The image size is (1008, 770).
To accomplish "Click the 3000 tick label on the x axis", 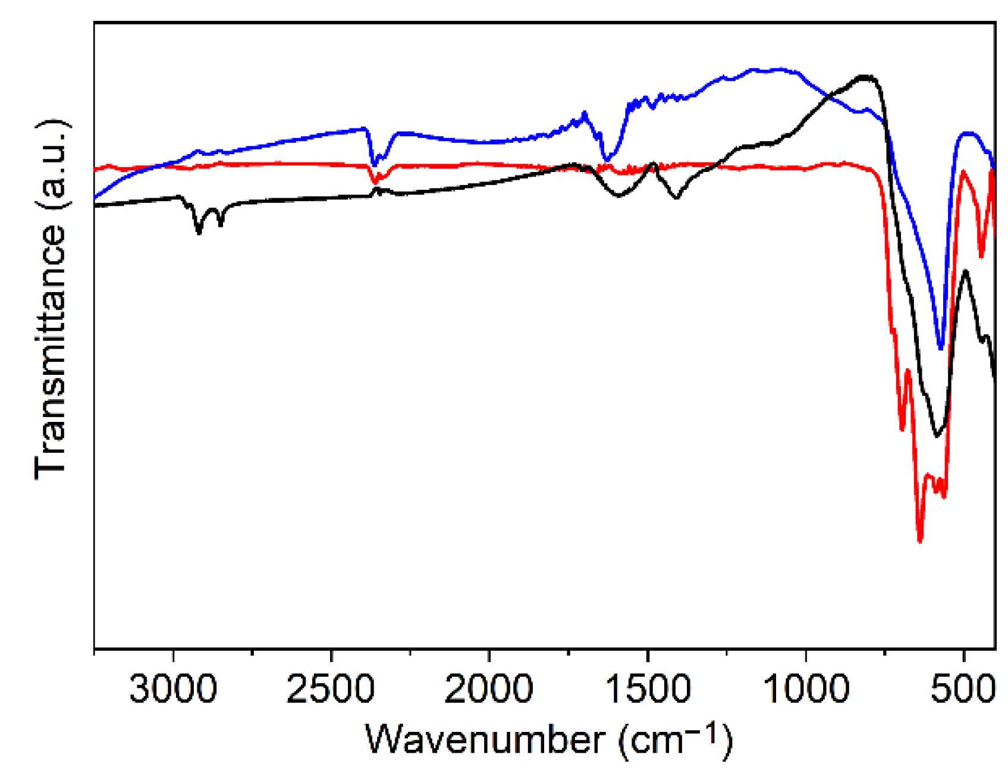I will coord(172,689).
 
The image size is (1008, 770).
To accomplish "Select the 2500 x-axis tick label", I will coord(331,689).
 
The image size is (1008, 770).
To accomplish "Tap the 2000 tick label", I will coord(489,689).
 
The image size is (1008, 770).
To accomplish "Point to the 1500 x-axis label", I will coord(647,689).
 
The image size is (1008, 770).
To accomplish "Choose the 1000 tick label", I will coord(805,689).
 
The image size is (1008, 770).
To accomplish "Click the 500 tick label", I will coord(963,689).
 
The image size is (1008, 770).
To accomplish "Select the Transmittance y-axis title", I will coord(51,351).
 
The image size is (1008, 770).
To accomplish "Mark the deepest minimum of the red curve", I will coord(920,540).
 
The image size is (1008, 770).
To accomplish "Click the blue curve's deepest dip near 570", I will coord(941,348).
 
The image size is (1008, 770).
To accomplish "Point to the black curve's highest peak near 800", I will coord(865,77).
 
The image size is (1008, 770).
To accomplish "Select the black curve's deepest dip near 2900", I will coord(199,233).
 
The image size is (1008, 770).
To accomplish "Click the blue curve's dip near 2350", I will coord(374,164).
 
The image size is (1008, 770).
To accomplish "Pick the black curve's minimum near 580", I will coord(937,436).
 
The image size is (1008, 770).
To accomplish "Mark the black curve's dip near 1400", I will coord(676,198).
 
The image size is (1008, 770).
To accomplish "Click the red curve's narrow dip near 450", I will coord(981,256).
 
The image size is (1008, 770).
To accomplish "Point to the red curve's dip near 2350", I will coord(375,181).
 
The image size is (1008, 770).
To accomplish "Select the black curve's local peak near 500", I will coord(965,271).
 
